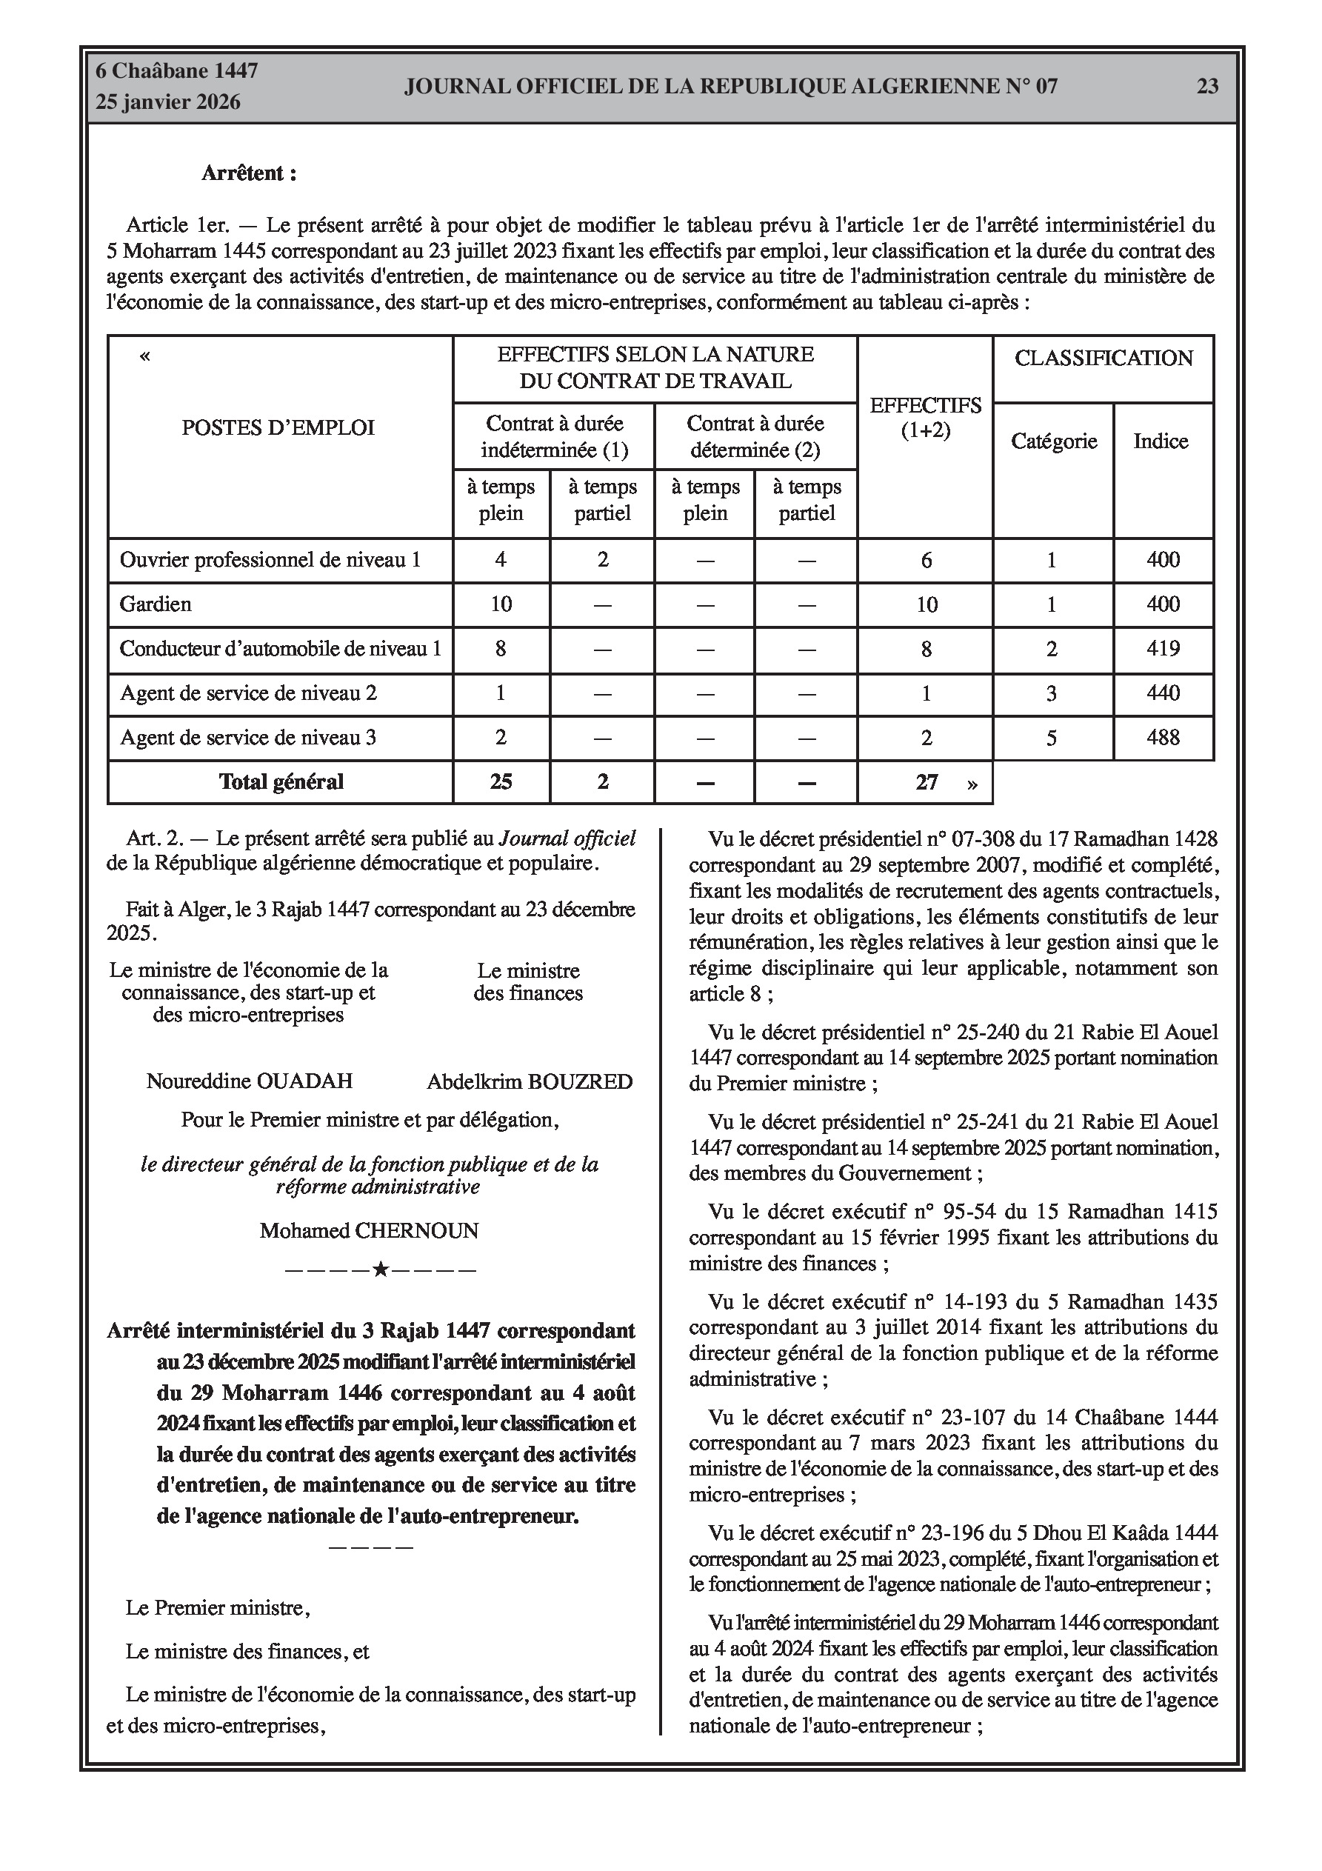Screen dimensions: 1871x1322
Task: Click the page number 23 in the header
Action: click(1207, 87)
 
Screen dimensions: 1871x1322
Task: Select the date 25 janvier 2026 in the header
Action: click(168, 102)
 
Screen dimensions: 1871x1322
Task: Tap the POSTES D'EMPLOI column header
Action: click(278, 428)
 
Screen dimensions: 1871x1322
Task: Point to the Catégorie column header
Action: click(1053, 441)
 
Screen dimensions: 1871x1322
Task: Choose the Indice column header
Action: click(1161, 441)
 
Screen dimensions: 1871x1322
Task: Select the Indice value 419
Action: click(1162, 649)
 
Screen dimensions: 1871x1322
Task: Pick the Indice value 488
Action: click(1162, 738)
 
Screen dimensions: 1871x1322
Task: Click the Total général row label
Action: click(281, 781)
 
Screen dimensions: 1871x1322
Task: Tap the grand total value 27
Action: click(927, 782)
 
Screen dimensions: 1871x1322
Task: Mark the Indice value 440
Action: click(1162, 693)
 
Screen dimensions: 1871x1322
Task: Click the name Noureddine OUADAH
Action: click(250, 1081)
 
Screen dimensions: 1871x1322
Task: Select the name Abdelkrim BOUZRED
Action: click(530, 1081)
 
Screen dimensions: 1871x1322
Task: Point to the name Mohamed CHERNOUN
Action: click(370, 1230)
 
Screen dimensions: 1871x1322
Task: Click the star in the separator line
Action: click(380, 1270)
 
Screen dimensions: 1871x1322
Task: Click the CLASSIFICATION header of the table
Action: click(1103, 358)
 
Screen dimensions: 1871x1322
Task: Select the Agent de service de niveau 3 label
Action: click(248, 738)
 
